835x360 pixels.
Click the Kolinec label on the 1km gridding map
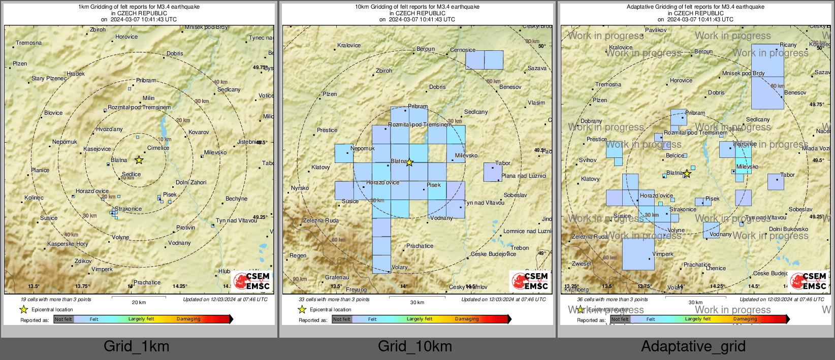34,198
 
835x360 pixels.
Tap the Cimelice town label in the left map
158,148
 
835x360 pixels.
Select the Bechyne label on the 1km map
236,199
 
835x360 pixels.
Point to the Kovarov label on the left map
199,132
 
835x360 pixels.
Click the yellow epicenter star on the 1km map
139,160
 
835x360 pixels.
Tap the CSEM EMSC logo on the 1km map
251,281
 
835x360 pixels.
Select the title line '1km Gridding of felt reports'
139,7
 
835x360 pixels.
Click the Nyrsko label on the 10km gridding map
300,188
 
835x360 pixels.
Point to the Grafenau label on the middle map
337,277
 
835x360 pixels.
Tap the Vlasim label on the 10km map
536,103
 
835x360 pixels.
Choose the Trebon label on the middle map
520,248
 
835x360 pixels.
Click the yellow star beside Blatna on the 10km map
409,162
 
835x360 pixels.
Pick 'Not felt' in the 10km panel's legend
342,319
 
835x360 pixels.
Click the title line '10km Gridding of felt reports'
417,7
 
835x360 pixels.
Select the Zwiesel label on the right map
582,264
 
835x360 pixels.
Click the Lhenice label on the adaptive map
716,268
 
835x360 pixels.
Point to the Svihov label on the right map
588,160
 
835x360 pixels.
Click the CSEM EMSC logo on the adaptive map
809,281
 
